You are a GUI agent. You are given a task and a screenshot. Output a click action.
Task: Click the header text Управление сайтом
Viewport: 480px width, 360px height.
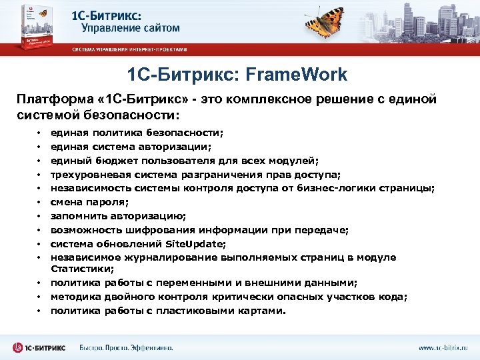[x=131, y=28]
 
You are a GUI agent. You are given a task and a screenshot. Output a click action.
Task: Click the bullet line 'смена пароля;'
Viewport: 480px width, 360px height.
[x=87, y=201]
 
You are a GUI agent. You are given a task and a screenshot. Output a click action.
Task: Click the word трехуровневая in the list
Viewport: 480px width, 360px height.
[x=88, y=174]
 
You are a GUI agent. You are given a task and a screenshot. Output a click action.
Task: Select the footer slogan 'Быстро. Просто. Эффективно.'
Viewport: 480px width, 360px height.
[x=126, y=347]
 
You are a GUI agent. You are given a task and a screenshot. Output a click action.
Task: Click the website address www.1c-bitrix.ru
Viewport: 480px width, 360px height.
[x=443, y=347]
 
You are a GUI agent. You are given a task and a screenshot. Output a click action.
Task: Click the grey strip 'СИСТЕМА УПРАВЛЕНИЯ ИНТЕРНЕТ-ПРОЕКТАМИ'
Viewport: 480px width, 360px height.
[x=130, y=49]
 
